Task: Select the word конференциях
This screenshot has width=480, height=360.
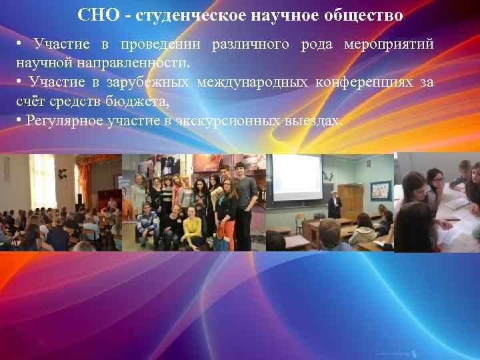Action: click(x=364, y=83)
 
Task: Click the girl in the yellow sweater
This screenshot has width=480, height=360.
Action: click(x=193, y=227)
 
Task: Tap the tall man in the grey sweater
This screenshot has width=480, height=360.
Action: click(x=245, y=200)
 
